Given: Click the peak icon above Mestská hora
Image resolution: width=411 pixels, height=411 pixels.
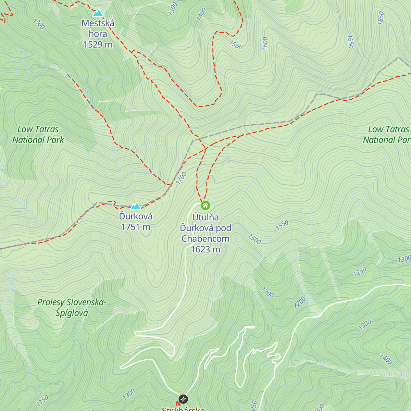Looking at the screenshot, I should pyautogui.click(x=98, y=13).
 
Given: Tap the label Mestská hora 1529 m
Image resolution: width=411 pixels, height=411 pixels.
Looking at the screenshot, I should pyautogui.click(x=98, y=34).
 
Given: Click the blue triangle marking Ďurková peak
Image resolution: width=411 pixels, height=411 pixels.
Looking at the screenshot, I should pyautogui.click(x=136, y=206).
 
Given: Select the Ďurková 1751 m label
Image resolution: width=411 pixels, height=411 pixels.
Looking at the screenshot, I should pyautogui.click(x=136, y=222).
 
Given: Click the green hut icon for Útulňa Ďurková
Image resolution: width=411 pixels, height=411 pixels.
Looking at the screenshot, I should pyautogui.click(x=205, y=206).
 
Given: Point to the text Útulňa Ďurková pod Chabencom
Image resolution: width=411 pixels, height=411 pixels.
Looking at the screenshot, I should pyautogui.click(x=206, y=228).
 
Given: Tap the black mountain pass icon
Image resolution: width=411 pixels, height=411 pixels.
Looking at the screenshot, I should pyautogui.click(x=183, y=399).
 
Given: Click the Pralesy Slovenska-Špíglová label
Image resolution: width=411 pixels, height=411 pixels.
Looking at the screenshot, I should pyautogui.click(x=72, y=308).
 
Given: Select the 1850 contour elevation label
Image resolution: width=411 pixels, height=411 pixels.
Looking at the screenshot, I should pyautogui.click(x=381, y=18).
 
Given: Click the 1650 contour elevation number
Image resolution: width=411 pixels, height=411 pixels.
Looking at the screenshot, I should pyautogui.click(x=350, y=42).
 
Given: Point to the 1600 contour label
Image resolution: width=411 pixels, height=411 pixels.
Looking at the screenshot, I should pyautogui.click(x=265, y=43).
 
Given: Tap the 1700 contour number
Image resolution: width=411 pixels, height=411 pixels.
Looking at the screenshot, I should pyautogui.click(x=182, y=178).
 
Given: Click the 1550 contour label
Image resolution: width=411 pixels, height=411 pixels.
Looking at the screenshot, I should pyautogui.click(x=282, y=225).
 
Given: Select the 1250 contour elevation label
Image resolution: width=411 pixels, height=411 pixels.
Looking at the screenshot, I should pyautogui.click(x=360, y=272).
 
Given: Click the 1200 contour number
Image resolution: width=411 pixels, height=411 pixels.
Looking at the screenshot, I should pyautogui.click(x=300, y=302).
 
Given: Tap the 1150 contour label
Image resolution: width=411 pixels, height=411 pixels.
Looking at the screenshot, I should pyautogui.click(x=42, y=400).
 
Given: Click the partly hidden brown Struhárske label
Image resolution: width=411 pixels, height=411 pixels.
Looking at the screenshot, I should pyautogui.click(x=183, y=409).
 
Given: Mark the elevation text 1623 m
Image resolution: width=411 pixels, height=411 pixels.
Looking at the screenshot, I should pyautogui.click(x=206, y=249).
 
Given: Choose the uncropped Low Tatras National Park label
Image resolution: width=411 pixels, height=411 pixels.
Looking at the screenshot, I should pyautogui.click(x=38, y=135).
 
